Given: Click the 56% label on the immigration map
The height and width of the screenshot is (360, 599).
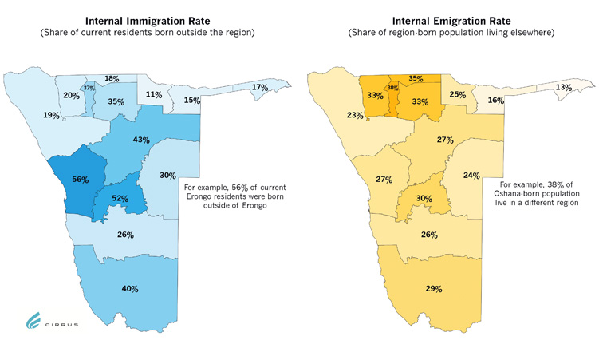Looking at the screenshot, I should click(x=81, y=180).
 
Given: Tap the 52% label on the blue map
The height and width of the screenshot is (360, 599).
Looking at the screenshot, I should click(x=121, y=197).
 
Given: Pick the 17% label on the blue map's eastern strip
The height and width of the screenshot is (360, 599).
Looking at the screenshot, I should click(x=260, y=87).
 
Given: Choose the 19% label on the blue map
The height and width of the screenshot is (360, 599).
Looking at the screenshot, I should click(x=51, y=115).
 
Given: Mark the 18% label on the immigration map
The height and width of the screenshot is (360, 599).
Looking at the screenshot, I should click(x=112, y=78).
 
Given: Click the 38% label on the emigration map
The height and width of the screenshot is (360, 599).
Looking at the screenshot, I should click(x=392, y=88).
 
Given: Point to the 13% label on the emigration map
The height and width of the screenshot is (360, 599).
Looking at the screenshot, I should click(x=563, y=87).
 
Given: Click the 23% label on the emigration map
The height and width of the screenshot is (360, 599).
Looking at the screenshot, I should click(x=355, y=115).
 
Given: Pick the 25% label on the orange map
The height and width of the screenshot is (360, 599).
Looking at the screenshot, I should click(x=458, y=95).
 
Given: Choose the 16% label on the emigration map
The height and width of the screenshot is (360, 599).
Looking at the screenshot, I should click(x=495, y=101).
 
